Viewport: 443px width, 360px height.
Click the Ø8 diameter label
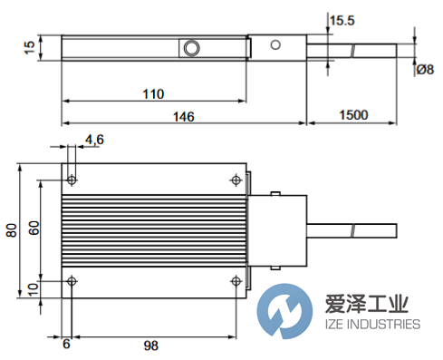pyautogui.click(x=425, y=69)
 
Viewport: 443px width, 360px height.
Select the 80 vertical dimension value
pyautogui.click(x=12, y=230)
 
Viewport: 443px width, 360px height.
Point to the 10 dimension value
pyautogui.click(x=34, y=287)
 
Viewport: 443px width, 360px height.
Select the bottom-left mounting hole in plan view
pyautogui.click(x=72, y=280)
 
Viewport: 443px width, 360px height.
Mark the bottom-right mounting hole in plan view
pyautogui.click(x=237, y=280)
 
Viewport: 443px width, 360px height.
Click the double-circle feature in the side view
pyautogui.click(x=191, y=47)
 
